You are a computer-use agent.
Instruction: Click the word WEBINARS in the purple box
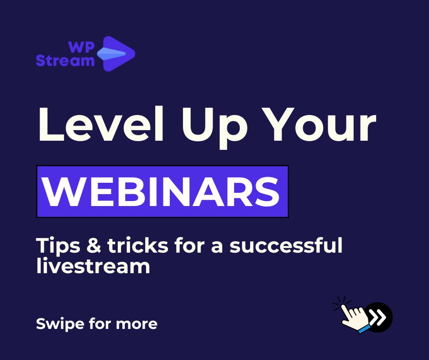(x=162, y=191)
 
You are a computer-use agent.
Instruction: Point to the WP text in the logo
(x=81, y=47)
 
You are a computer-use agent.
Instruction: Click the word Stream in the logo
(x=65, y=60)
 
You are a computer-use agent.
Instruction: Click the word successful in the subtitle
(x=286, y=246)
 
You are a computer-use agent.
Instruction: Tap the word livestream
(x=93, y=266)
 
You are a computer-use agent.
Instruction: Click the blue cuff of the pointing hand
(x=364, y=328)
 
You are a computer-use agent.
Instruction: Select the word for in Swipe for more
(x=96, y=324)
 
